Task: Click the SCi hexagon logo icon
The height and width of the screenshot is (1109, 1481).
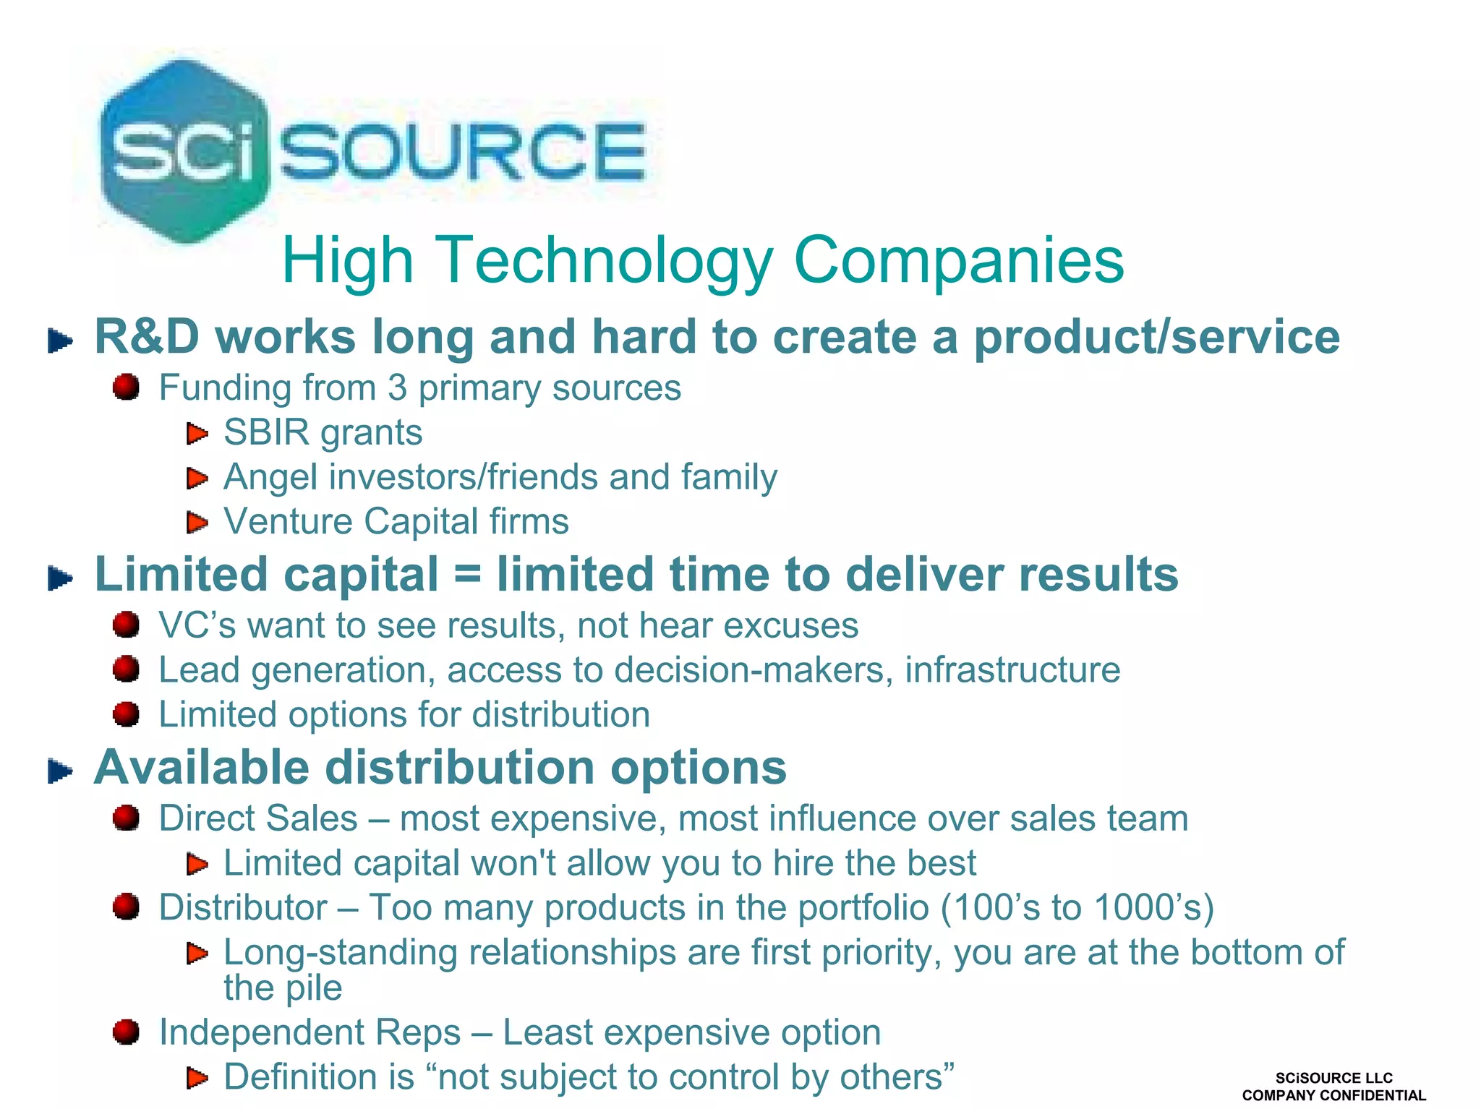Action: point(184,150)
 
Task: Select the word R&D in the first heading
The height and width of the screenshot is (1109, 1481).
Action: point(147,337)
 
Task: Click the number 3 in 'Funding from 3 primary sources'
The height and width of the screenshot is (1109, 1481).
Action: point(397,388)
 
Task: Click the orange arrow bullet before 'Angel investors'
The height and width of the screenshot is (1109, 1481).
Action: point(197,478)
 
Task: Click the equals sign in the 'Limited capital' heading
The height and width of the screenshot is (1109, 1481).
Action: point(467,575)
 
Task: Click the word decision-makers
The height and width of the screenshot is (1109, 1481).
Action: point(749,669)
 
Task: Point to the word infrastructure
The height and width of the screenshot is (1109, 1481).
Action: point(1012,669)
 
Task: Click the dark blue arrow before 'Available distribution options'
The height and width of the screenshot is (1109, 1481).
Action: point(61,771)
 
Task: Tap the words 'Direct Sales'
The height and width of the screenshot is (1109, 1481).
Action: point(258,818)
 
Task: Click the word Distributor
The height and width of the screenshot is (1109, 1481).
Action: point(243,907)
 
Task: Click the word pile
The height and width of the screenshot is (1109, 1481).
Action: point(313,988)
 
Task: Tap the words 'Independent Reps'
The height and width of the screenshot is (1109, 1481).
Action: point(310,1032)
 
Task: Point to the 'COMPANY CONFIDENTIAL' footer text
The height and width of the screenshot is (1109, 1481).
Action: point(1333,1095)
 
